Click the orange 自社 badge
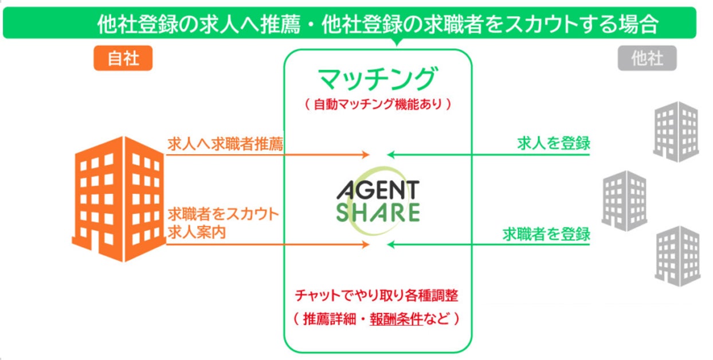coord(123,58)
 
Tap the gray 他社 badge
coord(647,58)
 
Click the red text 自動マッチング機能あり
coord(378,105)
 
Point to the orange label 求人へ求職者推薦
coord(225,144)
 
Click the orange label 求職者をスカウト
coord(223,215)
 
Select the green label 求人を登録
coord(553,143)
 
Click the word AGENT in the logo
coord(378,190)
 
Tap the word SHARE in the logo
coord(378,212)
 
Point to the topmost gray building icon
coord(676,131)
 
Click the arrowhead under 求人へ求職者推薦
coord(365,155)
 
